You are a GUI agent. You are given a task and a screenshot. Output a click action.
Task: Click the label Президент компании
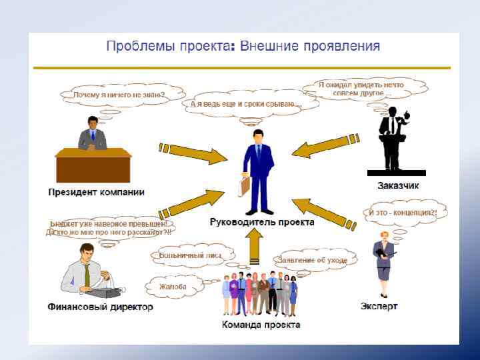(96, 192)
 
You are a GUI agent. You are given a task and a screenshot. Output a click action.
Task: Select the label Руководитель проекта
(261, 222)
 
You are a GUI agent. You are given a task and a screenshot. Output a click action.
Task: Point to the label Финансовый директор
(100, 307)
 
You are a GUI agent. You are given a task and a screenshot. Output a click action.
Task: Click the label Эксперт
(379, 306)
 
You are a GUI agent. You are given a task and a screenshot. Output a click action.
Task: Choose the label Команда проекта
(261, 325)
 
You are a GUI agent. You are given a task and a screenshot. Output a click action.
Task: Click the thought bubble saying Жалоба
(173, 287)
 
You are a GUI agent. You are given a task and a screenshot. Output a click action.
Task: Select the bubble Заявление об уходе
(311, 260)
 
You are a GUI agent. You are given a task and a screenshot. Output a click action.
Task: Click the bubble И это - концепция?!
(403, 213)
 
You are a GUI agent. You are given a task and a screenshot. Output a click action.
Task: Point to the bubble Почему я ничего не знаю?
(119, 95)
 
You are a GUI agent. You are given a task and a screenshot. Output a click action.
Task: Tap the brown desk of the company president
(93, 165)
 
